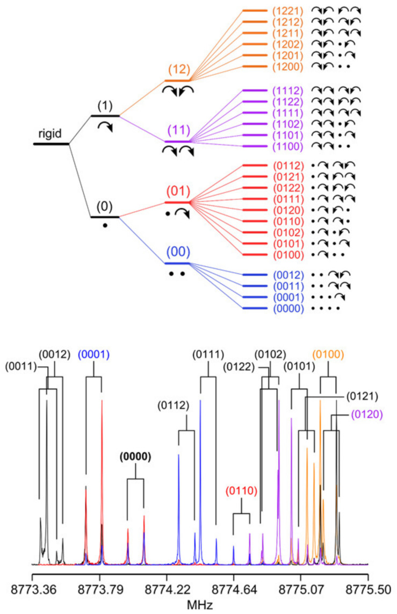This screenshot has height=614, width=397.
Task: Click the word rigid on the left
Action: click(x=50, y=132)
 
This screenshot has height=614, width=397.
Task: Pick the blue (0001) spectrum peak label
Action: click(x=94, y=355)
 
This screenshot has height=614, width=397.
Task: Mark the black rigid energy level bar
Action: click(x=51, y=144)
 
